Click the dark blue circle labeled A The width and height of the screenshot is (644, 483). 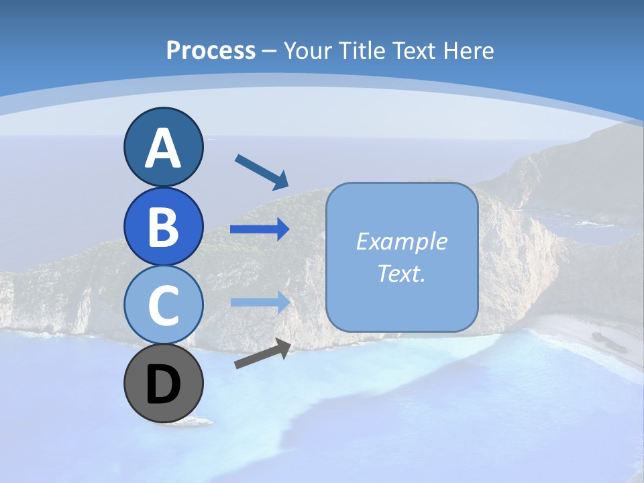[163, 147]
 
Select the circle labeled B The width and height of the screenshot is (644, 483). [163, 226]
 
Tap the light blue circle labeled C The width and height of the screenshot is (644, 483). [163, 305]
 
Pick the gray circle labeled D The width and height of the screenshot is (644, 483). [163, 384]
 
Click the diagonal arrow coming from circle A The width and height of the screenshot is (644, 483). [261, 171]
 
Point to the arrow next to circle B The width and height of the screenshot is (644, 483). [259, 229]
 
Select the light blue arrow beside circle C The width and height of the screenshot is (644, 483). [259, 302]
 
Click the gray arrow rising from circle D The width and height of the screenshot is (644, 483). [262, 354]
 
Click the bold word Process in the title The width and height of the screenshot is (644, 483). [211, 50]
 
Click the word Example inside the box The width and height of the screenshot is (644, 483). [401, 241]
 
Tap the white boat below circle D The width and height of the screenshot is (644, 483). [199, 421]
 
